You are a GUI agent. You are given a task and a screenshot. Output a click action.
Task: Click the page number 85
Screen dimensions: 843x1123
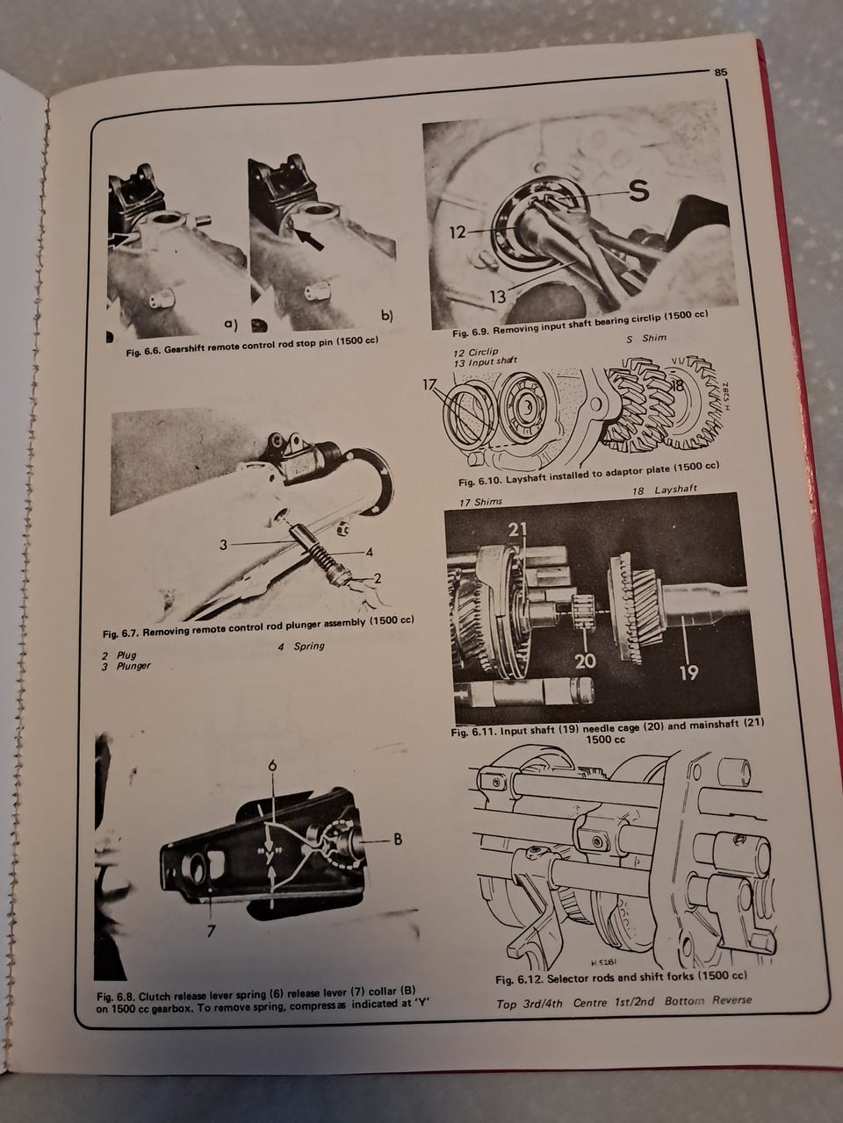tap(721, 73)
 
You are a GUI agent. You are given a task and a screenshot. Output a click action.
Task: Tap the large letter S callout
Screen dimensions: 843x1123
tap(638, 191)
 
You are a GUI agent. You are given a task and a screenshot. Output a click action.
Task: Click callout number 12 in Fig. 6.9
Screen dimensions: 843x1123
tap(458, 232)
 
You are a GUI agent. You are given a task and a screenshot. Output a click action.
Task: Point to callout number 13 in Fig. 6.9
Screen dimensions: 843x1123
tap(498, 296)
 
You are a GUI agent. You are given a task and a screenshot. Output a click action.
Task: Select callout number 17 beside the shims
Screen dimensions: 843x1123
tap(431, 385)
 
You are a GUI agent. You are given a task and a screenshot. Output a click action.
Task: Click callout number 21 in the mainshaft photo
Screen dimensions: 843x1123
tap(517, 529)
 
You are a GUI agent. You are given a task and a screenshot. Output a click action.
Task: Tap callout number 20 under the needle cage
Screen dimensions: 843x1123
tap(585, 661)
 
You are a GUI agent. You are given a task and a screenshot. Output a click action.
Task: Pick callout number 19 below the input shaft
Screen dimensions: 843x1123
tap(689, 672)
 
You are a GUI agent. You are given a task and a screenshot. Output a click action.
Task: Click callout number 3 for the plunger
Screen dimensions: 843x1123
tap(223, 545)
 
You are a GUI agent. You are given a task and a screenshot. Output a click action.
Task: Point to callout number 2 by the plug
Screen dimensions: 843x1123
tap(378, 578)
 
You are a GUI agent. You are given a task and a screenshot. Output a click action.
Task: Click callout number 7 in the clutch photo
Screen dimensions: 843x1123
tap(212, 931)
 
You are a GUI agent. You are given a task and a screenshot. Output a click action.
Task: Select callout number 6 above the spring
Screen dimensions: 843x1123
tap(272, 765)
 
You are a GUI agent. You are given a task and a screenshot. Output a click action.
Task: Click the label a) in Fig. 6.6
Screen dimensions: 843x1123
tap(231, 324)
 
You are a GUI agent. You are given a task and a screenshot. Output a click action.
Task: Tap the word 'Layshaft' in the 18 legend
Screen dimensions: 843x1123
tap(675, 490)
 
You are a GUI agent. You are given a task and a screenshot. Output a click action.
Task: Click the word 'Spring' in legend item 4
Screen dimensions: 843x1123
tap(309, 647)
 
